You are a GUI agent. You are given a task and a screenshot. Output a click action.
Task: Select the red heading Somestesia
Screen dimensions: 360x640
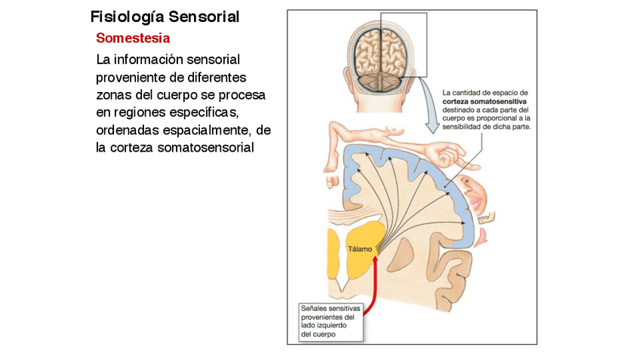133,38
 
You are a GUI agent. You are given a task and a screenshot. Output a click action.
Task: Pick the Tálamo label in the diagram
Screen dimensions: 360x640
360,249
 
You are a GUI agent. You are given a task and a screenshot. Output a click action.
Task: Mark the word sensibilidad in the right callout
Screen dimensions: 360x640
468,127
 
